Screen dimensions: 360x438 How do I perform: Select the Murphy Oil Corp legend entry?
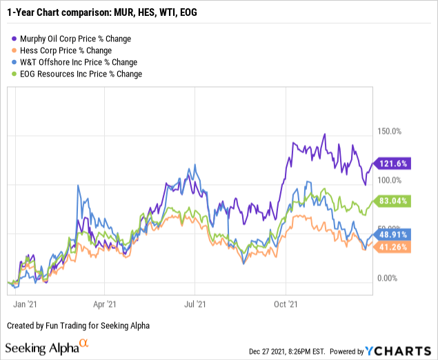click(77, 39)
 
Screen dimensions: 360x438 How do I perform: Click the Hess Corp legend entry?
click(68, 51)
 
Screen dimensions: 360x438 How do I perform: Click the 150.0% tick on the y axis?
click(388, 132)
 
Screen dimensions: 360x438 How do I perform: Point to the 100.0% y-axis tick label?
click(388, 180)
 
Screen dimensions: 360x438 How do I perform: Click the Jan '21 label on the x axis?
click(26, 303)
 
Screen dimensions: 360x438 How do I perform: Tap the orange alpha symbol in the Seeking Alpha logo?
click(84, 343)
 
